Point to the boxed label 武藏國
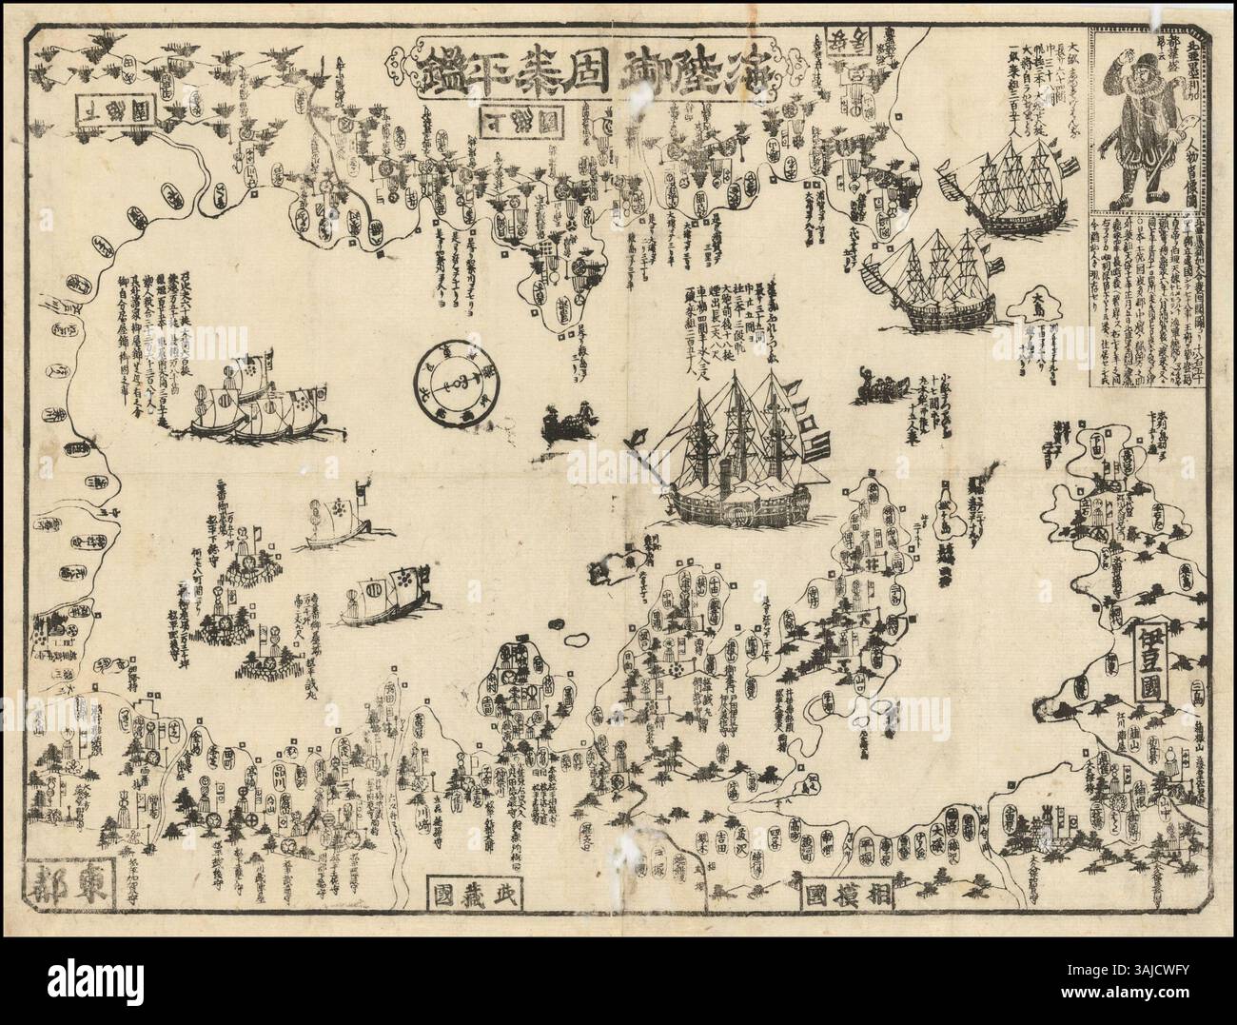476,896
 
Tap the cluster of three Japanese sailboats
249,402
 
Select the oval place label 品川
283,773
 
